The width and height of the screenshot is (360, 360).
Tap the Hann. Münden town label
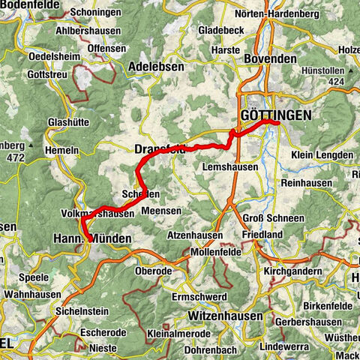point(92,238)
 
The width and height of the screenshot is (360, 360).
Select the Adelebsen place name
point(157,66)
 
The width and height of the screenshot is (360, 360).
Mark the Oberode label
point(154,271)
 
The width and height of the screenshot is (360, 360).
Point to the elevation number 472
point(15,158)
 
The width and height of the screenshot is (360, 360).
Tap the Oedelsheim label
point(54,57)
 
